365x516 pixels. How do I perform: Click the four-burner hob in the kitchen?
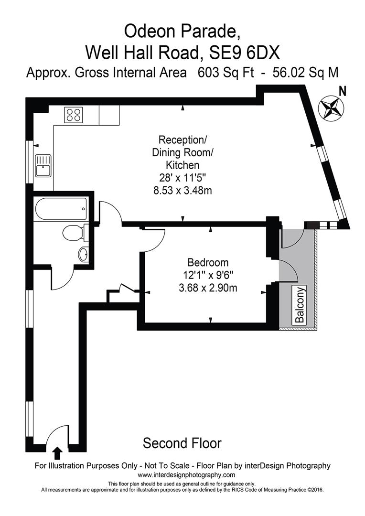(73, 115)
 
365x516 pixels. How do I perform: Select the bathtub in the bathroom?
(61, 208)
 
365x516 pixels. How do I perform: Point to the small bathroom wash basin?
(83, 254)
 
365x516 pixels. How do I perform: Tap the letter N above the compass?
(342, 90)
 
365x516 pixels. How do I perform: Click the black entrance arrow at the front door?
(57, 452)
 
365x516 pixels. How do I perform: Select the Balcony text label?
(300, 305)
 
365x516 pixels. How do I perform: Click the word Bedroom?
(208, 262)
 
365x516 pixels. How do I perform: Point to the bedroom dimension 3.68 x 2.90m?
(208, 288)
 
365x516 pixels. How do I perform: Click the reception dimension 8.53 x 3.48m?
(182, 191)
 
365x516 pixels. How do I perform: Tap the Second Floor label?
(182, 443)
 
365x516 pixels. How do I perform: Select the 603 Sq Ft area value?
(227, 73)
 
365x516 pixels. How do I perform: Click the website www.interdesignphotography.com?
(186, 475)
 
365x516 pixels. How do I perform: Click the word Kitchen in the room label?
(182, 165)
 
